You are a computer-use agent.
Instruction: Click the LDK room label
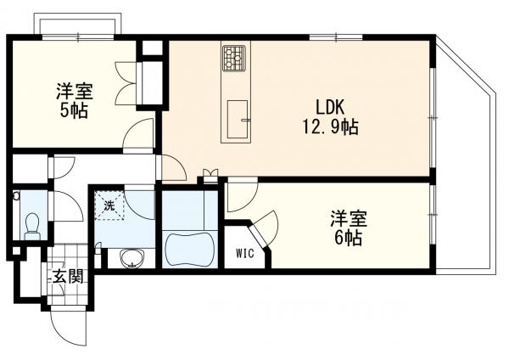point(330,108)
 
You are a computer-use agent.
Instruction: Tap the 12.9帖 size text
point(331,127)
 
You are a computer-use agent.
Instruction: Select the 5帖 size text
point(74,111)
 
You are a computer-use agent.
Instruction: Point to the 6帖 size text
point(349,239)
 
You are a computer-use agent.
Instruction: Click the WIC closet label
point(245,253)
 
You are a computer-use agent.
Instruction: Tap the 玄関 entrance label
point(68,277)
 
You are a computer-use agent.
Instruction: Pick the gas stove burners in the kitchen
point(234,58)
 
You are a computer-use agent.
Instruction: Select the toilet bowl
point(32,227)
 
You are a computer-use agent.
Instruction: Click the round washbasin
point(131,258)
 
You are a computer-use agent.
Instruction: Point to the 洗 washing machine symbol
point(109,205)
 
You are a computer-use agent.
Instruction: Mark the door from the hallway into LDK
point(171,167)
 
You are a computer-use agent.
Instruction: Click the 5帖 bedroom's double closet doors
point(126,83)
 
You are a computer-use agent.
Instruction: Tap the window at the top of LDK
point(336,37)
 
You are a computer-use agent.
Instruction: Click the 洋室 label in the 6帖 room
point(349,219)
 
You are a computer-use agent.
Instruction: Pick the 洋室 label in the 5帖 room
point(75,92)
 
